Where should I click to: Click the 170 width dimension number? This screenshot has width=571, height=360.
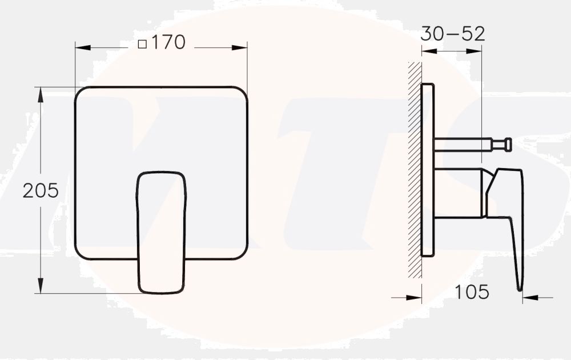(169, 42)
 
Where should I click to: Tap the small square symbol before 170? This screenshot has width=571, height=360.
(143, 43)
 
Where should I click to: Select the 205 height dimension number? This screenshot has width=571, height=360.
(41, 191)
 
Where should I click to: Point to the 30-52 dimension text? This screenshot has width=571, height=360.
(452, 34)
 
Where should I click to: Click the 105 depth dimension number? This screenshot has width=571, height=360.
(472, 292)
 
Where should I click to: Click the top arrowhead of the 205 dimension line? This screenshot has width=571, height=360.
(41, 92)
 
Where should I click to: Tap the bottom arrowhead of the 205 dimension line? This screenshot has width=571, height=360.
(41, 288)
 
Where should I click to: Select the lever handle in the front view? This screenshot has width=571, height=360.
(161, 231)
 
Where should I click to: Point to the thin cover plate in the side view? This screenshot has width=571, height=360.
(428, 170)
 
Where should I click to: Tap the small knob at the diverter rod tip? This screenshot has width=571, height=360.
(507, 145)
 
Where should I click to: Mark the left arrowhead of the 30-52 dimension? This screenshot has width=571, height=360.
(427, 51)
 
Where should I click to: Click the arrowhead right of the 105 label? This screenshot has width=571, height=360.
(528, 297)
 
